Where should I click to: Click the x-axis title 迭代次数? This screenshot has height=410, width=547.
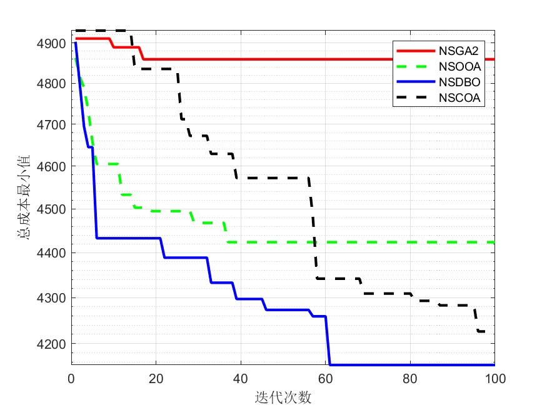(x=283, y=397)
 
